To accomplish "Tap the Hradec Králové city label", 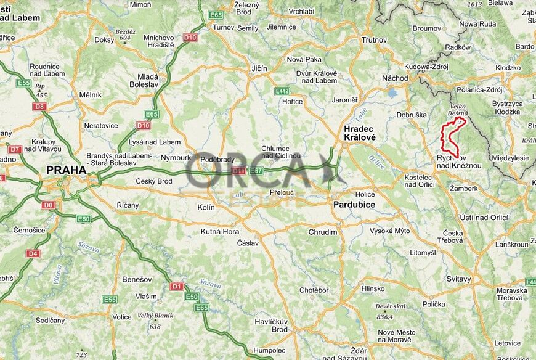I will (x=359, y=133).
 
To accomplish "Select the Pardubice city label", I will (x=354, y=204).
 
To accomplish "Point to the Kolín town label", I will (x=206, y=208).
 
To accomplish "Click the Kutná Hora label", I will (x=220, y=232).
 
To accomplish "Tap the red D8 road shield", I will (x=39, y=107).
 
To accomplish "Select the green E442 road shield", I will (x=282, y=91).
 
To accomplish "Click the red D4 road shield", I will (x=33, y=253).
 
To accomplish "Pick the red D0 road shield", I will (x=49, y=205).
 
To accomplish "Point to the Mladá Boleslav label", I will (x=148, y=81).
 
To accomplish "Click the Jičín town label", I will (x=259, y=68).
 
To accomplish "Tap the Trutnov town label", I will (x=374, y=39).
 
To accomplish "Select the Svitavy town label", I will (x=458, y=279).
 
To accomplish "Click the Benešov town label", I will (x=132, y=279).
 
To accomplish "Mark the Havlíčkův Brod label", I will (x=271, y=325).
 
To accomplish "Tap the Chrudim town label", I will (x=323, y=232).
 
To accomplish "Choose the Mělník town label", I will (x=90, y=95).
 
